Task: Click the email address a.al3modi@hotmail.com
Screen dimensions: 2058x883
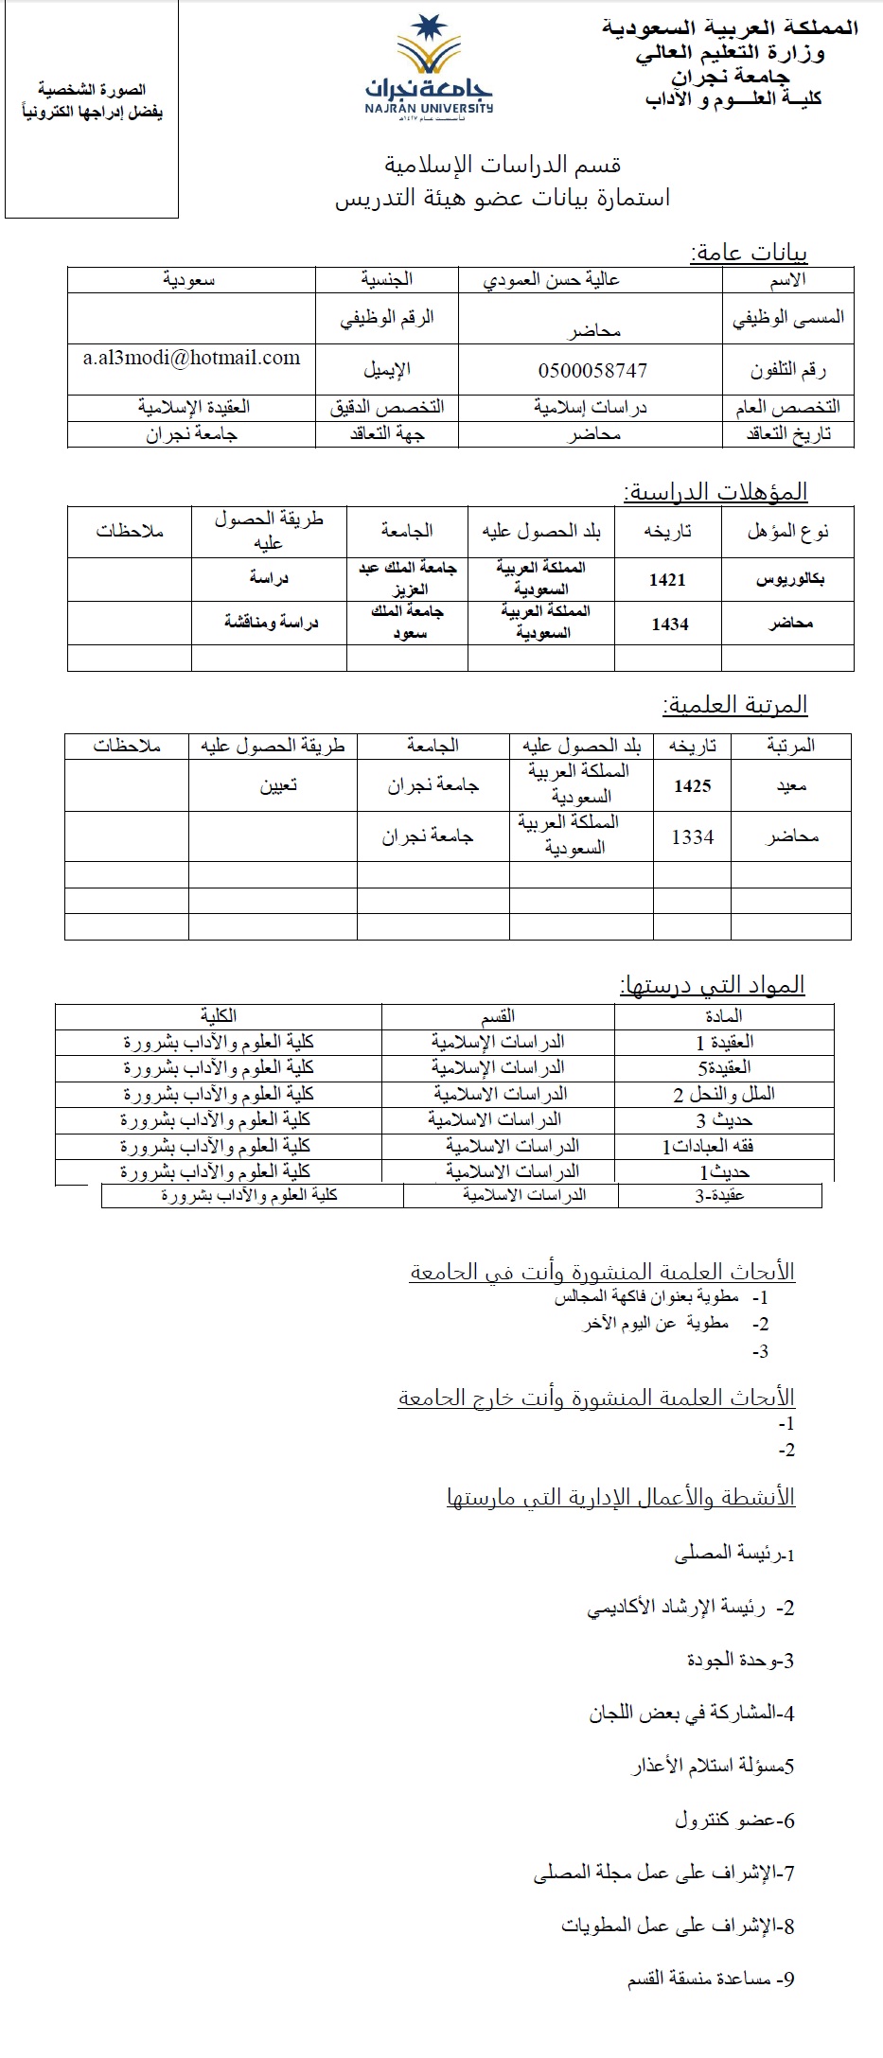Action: [x=191, y=358]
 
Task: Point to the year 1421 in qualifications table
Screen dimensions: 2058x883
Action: [x=667, y=579]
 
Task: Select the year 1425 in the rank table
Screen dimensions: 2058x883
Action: [x=692, y=785]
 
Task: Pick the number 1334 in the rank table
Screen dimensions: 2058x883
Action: [x=692, y=836]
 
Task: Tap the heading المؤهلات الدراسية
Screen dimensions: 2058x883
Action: [x=715, y=492]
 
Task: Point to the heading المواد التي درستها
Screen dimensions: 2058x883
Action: [x=712, y=985]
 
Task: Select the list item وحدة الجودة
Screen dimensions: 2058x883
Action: [x=740, y=1660]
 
